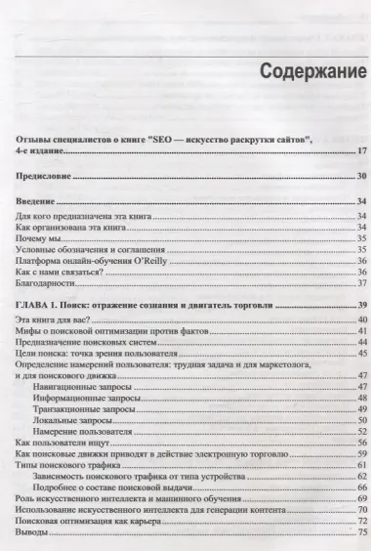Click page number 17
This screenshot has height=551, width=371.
[360, 150]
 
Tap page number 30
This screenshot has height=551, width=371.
[360, 176]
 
